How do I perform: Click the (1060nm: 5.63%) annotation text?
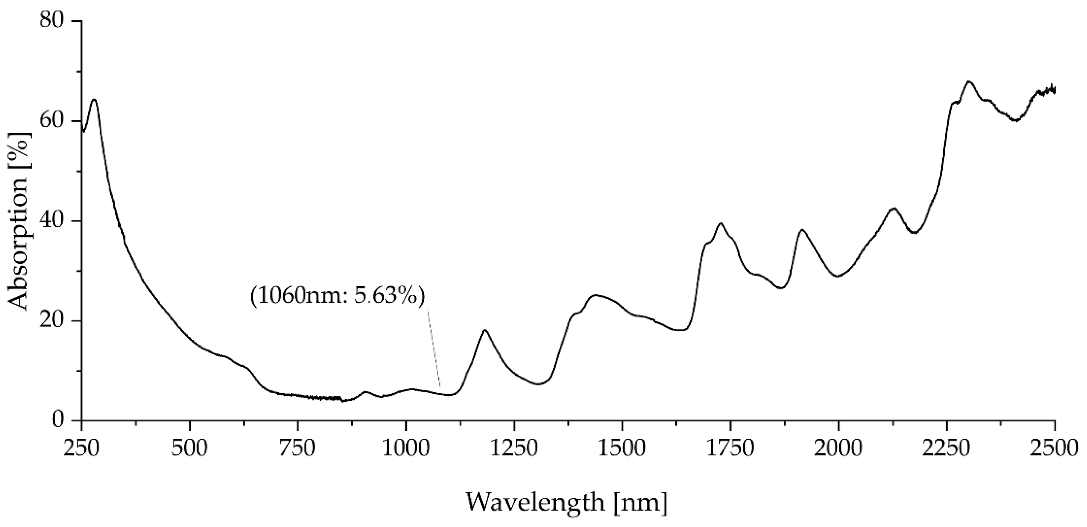click(x=338, y=296)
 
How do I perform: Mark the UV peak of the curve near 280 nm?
click(x=94, y=100)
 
